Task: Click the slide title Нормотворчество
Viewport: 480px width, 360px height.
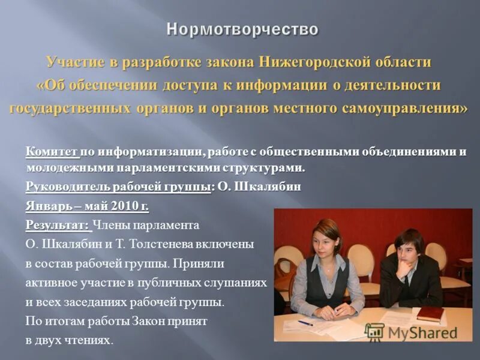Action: pos(242,29)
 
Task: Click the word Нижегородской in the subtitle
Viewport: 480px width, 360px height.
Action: pos(303,62)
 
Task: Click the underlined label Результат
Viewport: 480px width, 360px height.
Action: pos(58,226)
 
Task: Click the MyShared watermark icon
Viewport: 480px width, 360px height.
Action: pos(374,332)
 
